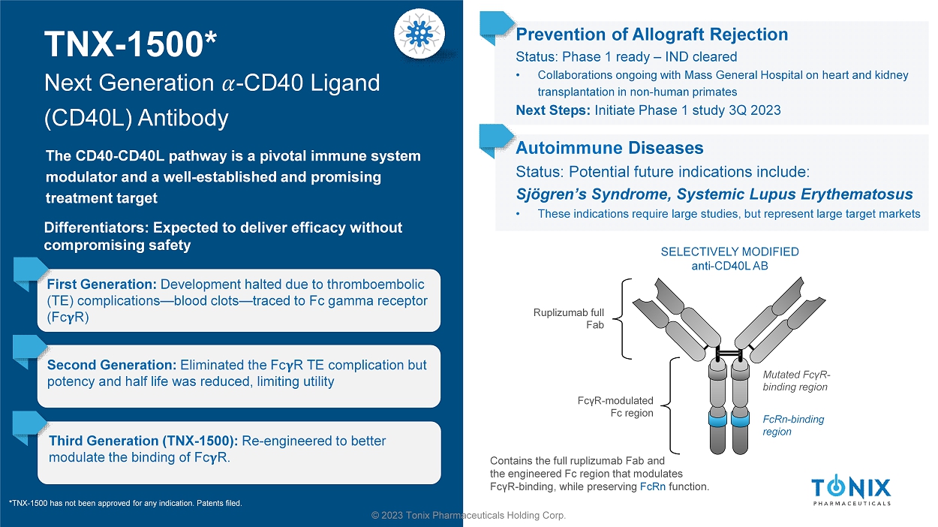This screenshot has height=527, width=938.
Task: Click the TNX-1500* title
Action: tap(131, 44)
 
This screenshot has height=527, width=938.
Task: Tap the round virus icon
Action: tap(419, 34)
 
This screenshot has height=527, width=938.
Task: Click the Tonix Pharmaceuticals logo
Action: tap(851, 490)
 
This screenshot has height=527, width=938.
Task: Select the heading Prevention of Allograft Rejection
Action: tap(651, 35)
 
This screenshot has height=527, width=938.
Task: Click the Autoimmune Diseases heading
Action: tap(609, 148)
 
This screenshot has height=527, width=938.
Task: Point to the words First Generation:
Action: tap(102, 284)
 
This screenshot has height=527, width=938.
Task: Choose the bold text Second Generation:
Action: tap(112, 365)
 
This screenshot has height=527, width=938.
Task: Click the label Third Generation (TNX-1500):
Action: tap(143, 441)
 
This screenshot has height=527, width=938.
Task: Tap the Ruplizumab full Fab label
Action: tap(569, 319)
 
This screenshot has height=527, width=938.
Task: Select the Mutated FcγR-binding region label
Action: tap(796, 381)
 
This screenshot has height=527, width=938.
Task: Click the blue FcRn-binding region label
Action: tap(793, 425)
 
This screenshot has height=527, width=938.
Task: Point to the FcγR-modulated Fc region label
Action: tap(615, 407)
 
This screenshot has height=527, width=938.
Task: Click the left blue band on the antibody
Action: tap(717, 420)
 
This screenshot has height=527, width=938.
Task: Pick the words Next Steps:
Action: tap(553, 110)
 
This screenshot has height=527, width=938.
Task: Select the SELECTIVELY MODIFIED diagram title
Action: tap(729, 251)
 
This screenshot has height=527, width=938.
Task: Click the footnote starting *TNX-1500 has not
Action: tap(125, 503)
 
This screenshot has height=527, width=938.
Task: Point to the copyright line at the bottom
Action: tap(468, 515)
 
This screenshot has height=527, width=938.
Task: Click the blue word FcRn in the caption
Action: tap(652, 486)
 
